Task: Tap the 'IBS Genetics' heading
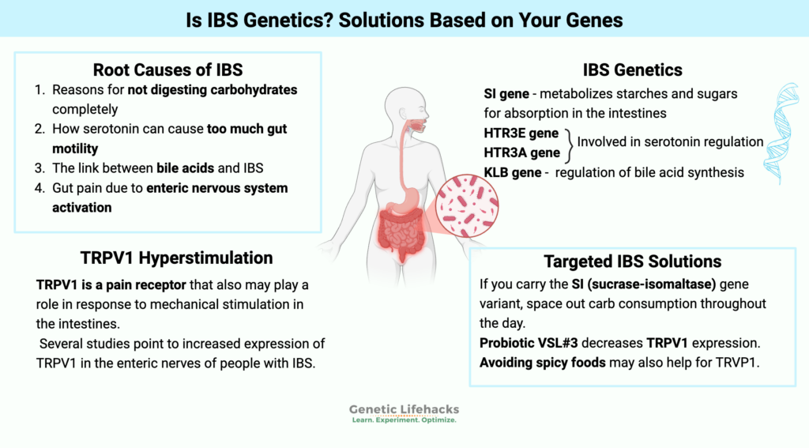click(x=623, y=70)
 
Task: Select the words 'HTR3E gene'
click(x=521, y=133)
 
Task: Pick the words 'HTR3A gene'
click(x=521, y=152)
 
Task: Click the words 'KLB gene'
click(x=513, y=172)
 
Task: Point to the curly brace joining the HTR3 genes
click(x=568, y=142)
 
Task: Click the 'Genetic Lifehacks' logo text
click(x=404, y=409)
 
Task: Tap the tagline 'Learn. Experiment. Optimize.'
click(x=404, y=420)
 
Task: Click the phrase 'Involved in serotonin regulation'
click(x=670, y=142)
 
